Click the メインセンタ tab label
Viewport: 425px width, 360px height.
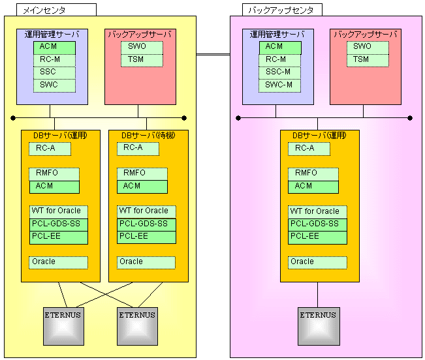pos(40,10)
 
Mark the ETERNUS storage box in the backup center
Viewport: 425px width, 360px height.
pos(318,325)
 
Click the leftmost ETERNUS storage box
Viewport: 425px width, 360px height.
pos(63,325)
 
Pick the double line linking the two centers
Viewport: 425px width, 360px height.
pos(213,55)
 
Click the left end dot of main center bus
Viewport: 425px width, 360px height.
pos(13,118)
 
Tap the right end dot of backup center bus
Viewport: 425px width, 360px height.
pos(411,118)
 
